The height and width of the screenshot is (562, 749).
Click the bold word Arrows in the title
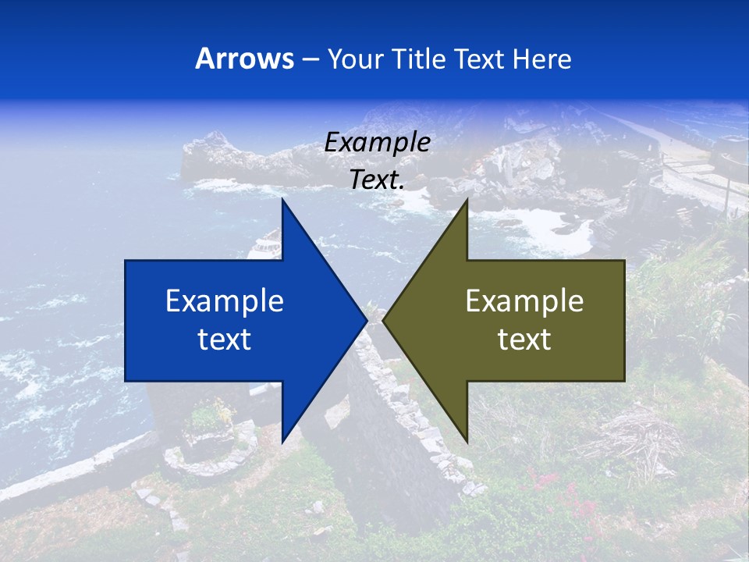(x=244, y=59)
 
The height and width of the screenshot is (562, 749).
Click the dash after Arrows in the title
(x=310, y=60)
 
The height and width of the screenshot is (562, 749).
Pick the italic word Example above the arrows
(x=377, y=142)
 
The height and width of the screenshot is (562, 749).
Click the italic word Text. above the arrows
(x=377, y=180)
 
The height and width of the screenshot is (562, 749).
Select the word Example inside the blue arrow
(x=225, y=301)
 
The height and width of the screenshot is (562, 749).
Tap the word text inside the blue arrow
(x=225, y=339)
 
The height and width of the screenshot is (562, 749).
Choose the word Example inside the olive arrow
(x=524, y=301)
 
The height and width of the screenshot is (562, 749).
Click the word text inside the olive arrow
(x=524, y=339)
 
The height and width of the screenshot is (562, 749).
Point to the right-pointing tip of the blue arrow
(x=366, y=321)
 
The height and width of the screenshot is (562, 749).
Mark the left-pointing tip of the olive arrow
(x=384, y=321)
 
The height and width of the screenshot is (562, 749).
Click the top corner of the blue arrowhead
(x=282, y=201)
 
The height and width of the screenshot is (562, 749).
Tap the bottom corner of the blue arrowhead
(x=282, y=442)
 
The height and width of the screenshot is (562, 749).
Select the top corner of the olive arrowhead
(x=467, y=201)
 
